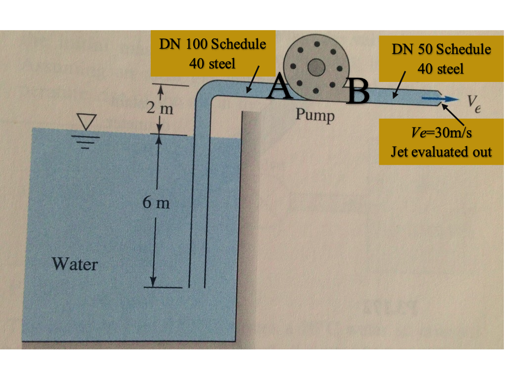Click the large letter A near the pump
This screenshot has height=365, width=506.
[x=280, y=87]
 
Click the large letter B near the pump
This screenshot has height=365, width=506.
[x=359, y=91]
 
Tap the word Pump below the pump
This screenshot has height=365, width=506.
[x=315, y=115]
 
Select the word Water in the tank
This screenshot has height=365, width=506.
[x=75, y=264]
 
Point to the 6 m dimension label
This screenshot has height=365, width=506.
[x=156, y=203]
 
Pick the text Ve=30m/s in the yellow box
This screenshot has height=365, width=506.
[x=441, y=133]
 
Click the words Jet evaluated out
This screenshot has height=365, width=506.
[x=441, y=152]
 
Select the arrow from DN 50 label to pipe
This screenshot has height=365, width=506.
[x=399, y=86]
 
